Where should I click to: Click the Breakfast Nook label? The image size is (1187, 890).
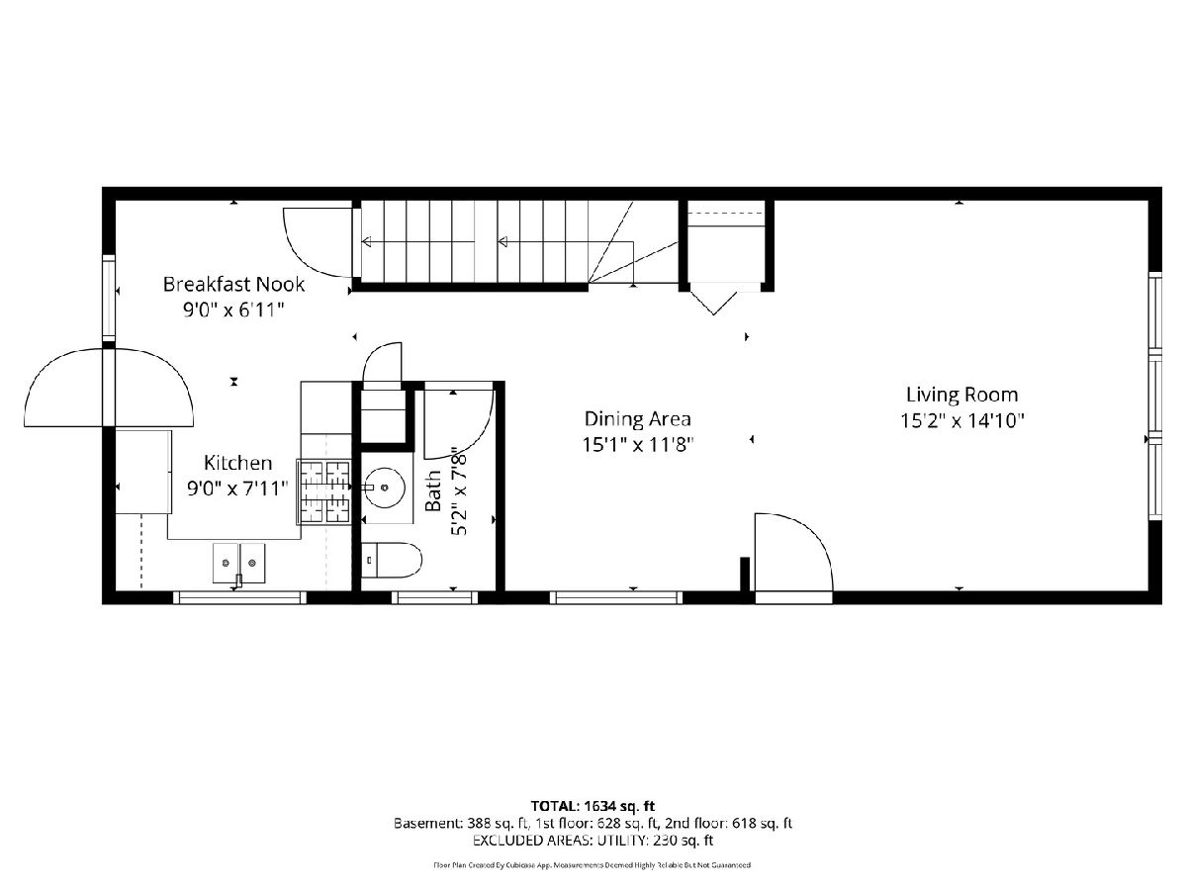coord(233,284)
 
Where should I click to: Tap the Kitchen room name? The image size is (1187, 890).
coord(237,463)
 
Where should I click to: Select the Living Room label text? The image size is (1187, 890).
coord(962,395)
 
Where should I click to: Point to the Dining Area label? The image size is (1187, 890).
coord(638,418)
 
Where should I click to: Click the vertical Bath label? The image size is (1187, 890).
coord(433,490)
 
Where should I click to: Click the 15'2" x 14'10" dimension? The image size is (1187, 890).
coord(962,420)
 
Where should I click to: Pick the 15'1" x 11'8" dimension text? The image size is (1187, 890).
coord(638,445)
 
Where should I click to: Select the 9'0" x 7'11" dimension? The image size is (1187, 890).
coord(237,489)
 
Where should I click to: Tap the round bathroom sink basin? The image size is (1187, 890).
coord(385,488)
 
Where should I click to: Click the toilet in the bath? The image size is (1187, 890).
coord(392,561)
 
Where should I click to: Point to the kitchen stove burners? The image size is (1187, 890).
coord(324,491)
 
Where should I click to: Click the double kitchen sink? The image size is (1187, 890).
coord(239,563)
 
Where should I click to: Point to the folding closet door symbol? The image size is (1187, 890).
coord(714,304)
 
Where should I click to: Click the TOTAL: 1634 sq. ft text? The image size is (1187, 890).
coord(593,807)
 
